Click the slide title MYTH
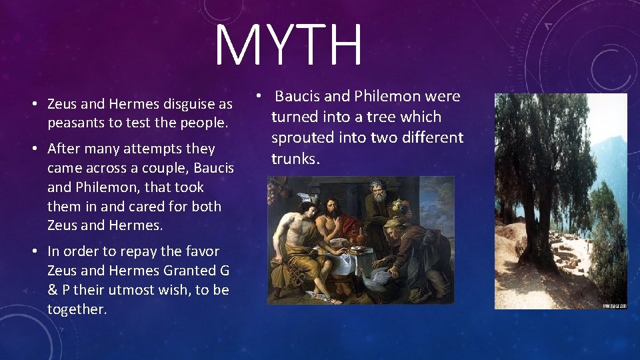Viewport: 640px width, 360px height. [289, 45]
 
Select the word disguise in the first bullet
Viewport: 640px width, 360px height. [189, 105]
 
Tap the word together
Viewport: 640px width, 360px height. [77, 309]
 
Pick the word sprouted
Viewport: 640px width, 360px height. [300, 138]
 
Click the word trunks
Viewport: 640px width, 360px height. [295, 159]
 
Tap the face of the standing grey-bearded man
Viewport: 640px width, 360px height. [377, 196]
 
